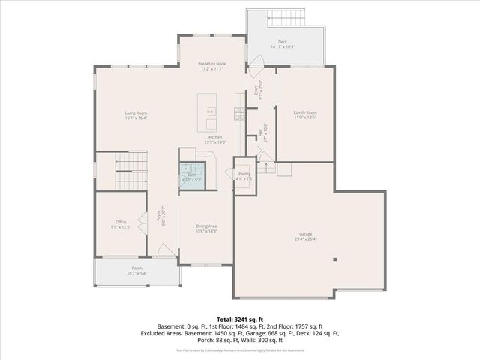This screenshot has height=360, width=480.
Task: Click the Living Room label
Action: click(x=136, y=113)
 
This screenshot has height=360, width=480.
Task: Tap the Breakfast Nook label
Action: click(x=213, y=64)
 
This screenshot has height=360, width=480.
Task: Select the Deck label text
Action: click(x=282, y=43)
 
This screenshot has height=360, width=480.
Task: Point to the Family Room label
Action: click(x=304, y=112)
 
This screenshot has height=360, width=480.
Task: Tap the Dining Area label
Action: click(x=206, y=226)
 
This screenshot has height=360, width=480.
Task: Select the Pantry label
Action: click(x=244, y=174)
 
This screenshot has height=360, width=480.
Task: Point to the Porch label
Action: click(x=136, y=268)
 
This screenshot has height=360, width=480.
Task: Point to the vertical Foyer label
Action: click(x=158, y=217)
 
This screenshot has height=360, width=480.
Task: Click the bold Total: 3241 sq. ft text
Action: click(x=239, y=319)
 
